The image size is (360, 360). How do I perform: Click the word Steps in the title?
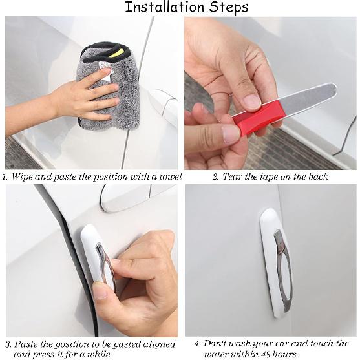point(228,8)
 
